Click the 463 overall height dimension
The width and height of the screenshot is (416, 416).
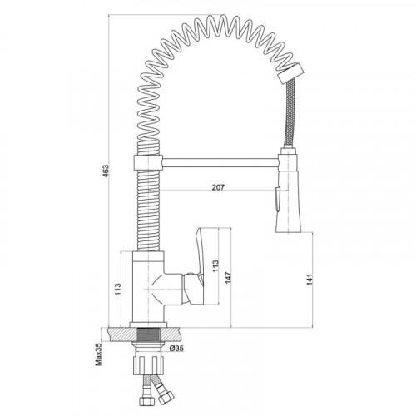coord(106,171)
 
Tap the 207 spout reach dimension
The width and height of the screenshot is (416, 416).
coord(218,187)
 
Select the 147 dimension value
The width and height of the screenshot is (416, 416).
coord(228,278)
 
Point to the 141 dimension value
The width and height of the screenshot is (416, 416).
coord(310,279)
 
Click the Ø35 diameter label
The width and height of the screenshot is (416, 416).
coord(176,349)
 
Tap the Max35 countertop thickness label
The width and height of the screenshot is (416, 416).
coord(99,354)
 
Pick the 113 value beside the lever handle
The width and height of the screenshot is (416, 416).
coord(215,265)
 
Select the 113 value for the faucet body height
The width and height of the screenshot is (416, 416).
coord(117,289)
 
